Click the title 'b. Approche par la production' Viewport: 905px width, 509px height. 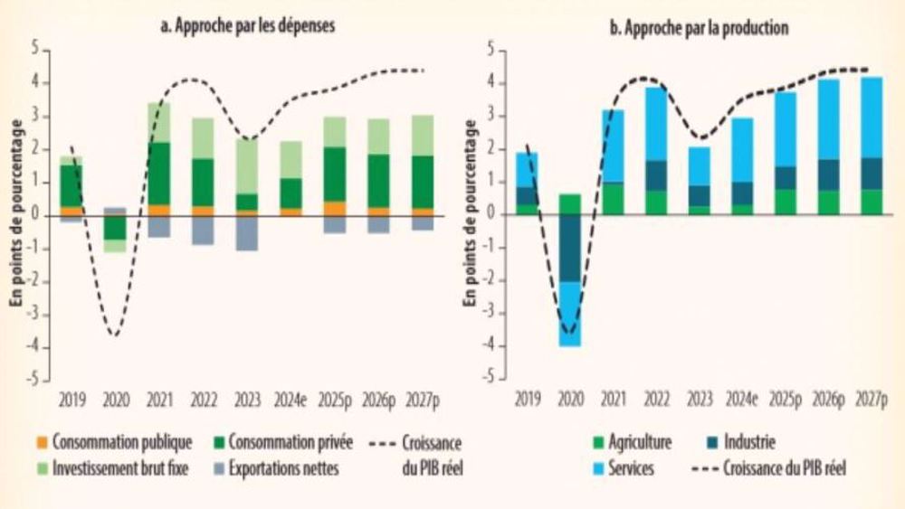(698, 28)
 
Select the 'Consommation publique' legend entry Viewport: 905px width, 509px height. (121, 442)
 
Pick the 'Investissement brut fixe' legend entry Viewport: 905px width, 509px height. (121, 467)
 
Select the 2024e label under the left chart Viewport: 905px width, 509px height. (291, 399)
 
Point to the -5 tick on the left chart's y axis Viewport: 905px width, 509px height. (35, 381)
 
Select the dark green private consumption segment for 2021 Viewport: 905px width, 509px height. (159, 173)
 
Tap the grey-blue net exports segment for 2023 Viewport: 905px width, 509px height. (247, 232)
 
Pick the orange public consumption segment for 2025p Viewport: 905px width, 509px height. (334, 208)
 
